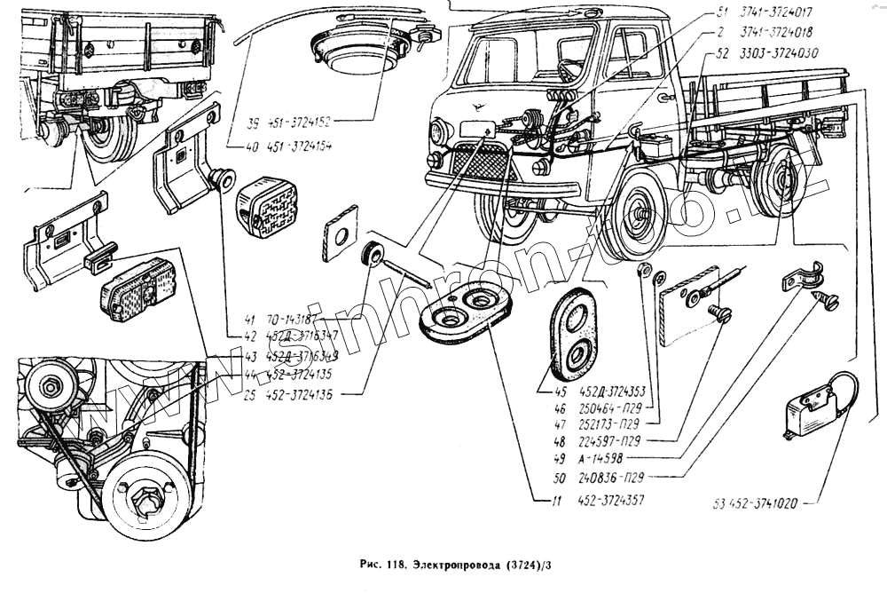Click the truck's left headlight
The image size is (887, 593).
[x=439, y=133]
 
